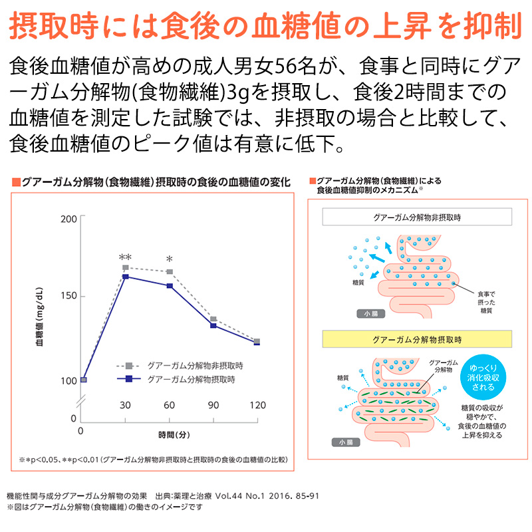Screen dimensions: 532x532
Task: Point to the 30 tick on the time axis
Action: point(125,405)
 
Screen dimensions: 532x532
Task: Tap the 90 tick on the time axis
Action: point(213,405)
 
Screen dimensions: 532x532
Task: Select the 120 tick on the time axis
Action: point(257,405)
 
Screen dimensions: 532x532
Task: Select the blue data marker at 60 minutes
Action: point(170,286)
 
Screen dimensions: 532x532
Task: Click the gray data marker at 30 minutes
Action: point(125,268)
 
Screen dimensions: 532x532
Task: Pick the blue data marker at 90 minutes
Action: point(213,325)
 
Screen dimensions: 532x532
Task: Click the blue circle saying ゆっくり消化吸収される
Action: point(483,377)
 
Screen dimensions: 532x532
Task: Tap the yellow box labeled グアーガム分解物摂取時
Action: point(416,339)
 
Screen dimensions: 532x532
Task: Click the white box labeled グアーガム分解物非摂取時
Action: point(416,217)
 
